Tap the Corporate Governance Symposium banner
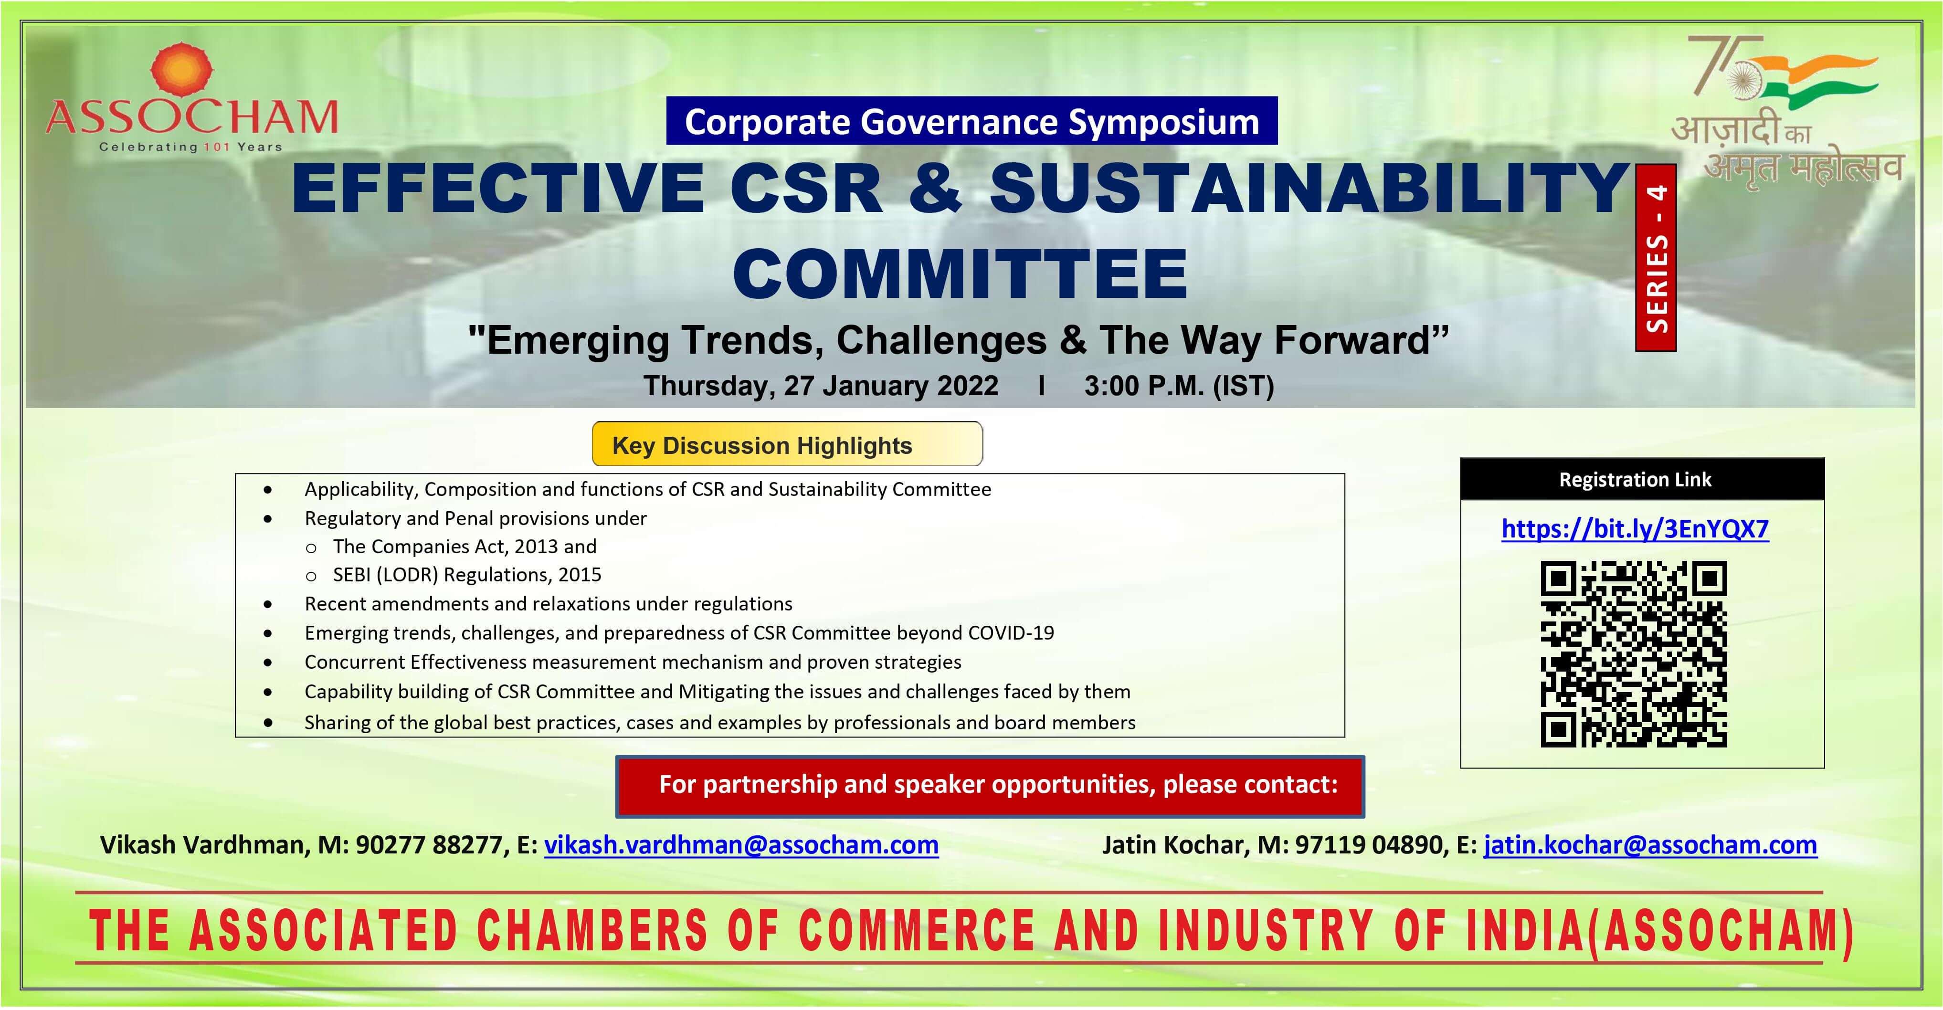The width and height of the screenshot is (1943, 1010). click(x=971, y=121)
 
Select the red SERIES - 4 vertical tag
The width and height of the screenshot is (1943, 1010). click(x=1656, y=257)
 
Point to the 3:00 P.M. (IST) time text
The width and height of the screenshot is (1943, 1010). click(x=1179, y=386)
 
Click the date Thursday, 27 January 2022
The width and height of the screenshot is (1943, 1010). click(x=821, y=386)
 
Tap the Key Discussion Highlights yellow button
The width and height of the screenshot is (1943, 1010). click(x=787, y=444)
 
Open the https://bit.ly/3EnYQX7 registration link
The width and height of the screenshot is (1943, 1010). click(x=1635, y=529)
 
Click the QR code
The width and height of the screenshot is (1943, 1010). click(x=1634, y=654)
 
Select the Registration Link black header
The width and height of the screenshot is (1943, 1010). click(x=1642, y=479)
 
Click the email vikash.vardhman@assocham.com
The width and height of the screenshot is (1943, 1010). click(x=741, y=845)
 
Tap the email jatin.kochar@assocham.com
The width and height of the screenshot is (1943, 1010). click(x=1650, y=845)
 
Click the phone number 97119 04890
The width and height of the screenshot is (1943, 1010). click(x=1369, y=845)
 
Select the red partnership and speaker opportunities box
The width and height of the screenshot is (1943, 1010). click(x=990, y=786)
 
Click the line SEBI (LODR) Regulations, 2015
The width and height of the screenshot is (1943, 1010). click(x=467, y=575)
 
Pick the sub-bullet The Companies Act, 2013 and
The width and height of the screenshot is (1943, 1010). click(x=465, y=546)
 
